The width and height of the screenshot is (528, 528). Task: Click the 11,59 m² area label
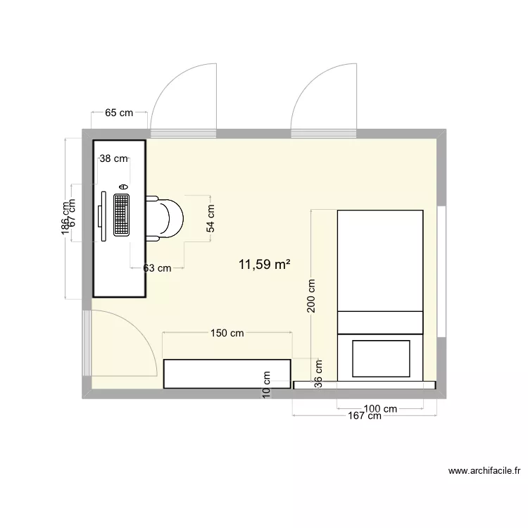[265, 265]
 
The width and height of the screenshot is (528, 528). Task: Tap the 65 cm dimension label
[119, 113]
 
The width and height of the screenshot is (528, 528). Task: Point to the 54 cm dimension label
[210, 218]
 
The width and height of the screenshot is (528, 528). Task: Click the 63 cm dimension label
[157, 268]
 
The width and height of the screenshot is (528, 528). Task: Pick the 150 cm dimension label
[227, 333]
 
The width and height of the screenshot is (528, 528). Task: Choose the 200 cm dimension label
[311, 296]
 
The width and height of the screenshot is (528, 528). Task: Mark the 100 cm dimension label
[379, 408]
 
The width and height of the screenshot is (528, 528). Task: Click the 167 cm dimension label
[364, 416]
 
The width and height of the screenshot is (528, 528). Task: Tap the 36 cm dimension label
[318, 373]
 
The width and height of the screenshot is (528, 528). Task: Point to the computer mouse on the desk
[123, 186]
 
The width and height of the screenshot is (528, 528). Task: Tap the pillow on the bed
[380, 358]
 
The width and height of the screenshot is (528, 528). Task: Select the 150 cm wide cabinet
[227, 373]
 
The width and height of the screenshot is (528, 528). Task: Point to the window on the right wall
[441, 272]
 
